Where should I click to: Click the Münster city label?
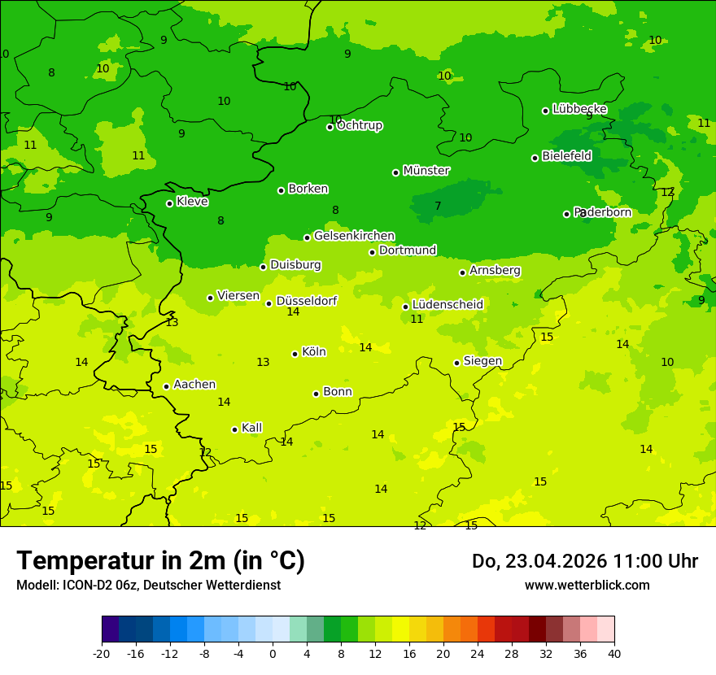426,171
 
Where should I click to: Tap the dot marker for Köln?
295,354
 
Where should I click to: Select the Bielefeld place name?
566,156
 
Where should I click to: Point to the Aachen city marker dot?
166,386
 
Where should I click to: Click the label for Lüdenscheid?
447,305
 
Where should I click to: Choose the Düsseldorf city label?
307,301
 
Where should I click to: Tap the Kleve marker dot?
169,203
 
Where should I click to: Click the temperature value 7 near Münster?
438,206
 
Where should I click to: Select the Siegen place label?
482,361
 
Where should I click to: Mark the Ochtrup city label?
360,125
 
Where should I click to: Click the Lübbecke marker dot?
545,111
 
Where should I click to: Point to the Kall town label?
252,428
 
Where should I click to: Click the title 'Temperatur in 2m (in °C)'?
160,561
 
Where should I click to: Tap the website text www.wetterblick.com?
587,586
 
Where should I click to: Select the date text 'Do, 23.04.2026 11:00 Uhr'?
584,561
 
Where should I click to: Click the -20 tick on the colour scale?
102,653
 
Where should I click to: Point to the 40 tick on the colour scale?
613,653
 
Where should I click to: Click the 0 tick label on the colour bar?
273,653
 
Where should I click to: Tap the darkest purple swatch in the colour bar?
110,629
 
